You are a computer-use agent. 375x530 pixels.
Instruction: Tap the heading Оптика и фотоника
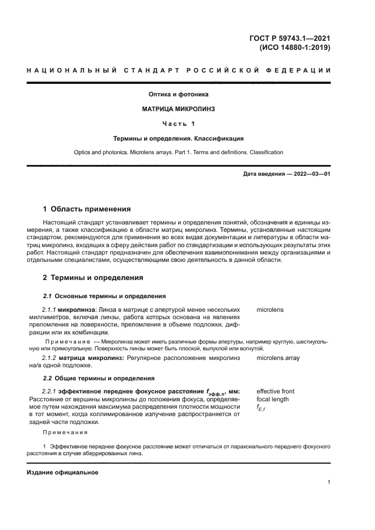[178, 94]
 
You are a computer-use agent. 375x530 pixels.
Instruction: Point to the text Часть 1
[178, 123]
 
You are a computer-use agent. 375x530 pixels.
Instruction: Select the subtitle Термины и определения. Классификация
[178, 138]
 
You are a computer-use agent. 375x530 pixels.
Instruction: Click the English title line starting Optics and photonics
[178, 152]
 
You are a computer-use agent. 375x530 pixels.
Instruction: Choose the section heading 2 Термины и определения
[93, 278]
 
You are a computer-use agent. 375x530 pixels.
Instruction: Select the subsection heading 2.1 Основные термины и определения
[104, 296]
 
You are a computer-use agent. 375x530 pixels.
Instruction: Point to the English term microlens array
[278, 358]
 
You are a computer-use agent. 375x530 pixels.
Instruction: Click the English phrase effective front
[275, 391]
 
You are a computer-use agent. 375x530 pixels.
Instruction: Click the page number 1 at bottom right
[329, 482]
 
